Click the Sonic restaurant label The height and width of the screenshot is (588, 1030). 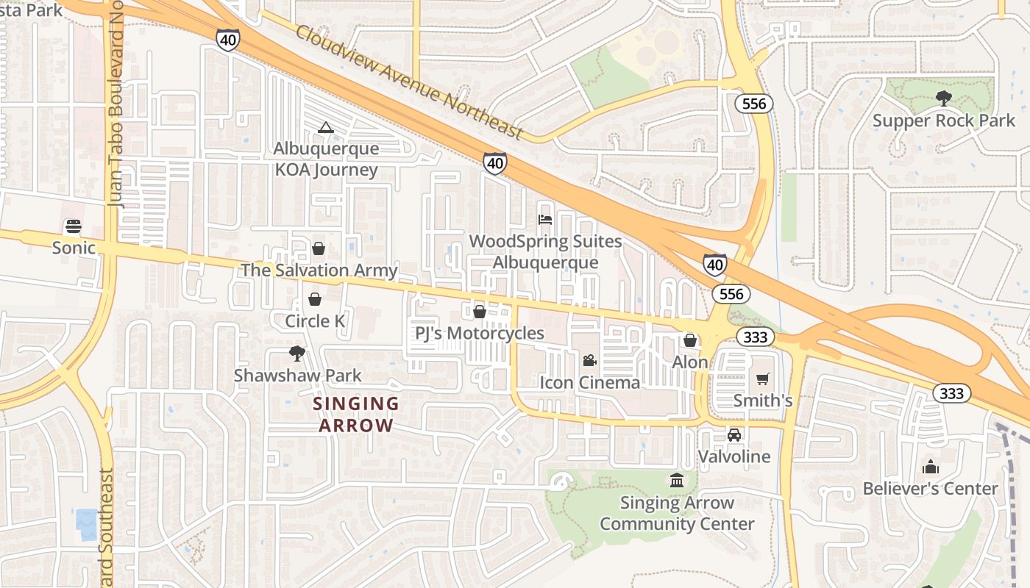74,248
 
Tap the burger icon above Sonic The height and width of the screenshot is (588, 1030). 73,226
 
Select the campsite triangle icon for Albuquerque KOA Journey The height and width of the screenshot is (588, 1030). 325,128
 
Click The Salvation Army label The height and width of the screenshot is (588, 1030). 319,270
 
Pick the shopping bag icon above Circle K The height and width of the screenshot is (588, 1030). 315,299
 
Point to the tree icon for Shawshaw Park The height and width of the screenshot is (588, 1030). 297,354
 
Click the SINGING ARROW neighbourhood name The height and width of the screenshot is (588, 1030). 356,415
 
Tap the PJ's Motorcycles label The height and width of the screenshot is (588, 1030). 479,333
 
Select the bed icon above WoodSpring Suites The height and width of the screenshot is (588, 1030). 544,220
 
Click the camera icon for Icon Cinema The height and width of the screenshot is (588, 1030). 589,360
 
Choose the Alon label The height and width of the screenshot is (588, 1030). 690,362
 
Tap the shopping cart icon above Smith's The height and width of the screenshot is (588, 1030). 762,379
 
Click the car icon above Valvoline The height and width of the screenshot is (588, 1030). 734,434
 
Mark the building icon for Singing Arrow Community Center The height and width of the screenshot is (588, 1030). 676,481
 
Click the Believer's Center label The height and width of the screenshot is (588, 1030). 930,489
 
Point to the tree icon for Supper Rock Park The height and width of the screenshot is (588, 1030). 942,98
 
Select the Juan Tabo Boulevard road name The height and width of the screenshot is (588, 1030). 117,110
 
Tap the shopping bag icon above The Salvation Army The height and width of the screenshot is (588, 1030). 319,248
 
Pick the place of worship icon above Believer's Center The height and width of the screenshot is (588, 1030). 930,467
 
